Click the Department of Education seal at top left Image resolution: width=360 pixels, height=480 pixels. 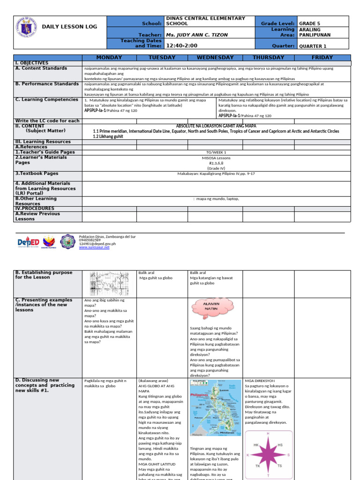[27, 27]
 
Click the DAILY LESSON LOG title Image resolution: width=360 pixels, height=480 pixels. [70, 27]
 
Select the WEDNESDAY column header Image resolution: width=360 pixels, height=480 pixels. [215, 58]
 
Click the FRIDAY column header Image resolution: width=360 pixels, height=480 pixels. [322, 58]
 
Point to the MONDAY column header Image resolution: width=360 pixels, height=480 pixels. [109, 58]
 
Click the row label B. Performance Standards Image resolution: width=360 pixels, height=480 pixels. [47, 84]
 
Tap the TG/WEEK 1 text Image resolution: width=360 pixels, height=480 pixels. [216, 152]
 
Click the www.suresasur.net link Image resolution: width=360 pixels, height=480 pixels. [94, 247]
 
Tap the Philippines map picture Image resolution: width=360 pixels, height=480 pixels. [215, 408]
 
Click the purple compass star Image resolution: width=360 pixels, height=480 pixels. [268, 455]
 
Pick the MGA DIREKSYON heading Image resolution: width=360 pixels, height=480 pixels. [260, 381]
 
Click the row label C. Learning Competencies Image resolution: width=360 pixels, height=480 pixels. [47, 99]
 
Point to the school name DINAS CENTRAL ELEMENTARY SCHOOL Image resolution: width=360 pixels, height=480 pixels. [205, 21]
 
